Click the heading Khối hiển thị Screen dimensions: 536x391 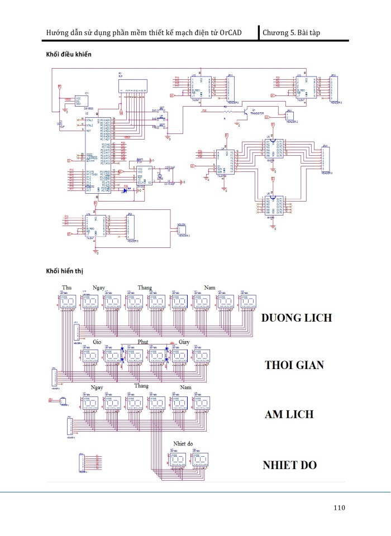click(x=66, y=271)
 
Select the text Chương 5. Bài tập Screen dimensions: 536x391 click(x=292, y=33)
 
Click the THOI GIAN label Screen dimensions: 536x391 click(x=294, y=366)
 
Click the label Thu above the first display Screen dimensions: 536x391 click(x=66, y=287)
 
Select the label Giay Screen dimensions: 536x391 click(x=184, y=341)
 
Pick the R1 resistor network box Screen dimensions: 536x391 click(x=133, y=85)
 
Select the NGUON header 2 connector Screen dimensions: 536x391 click(x=181, y=229)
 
